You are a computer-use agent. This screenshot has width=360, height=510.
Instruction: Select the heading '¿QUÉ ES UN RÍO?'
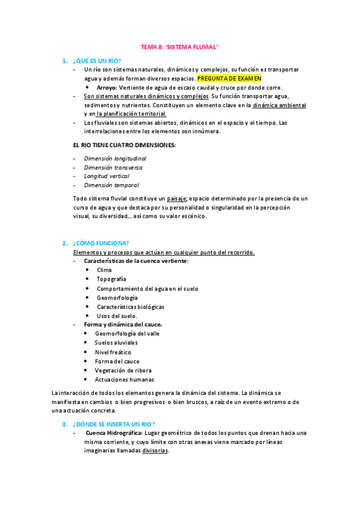click(96, 61)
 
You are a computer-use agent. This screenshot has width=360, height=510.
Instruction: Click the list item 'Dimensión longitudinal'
click(115, 158)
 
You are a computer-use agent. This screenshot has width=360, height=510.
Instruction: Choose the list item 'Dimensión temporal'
click(111, 185)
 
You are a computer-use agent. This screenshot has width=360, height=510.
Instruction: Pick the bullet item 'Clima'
click(104, 270)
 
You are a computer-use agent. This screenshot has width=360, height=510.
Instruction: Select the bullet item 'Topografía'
click(111, 279)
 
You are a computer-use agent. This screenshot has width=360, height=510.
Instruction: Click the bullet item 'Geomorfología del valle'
click(127, 333)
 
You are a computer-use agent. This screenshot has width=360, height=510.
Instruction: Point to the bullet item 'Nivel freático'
click(112, 352)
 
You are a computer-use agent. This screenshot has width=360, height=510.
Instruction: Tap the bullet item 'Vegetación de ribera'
click(123, 370)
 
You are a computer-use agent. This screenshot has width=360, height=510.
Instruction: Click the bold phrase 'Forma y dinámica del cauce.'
click(123, 324)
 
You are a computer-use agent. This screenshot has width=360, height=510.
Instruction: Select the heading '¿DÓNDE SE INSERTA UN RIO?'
click(113, 424)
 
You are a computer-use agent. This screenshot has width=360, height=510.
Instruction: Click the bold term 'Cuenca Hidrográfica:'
click(114, 433)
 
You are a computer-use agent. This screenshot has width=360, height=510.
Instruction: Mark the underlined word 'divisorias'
click(155, 451)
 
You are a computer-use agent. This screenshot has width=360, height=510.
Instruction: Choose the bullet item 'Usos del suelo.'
click(117, 316)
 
